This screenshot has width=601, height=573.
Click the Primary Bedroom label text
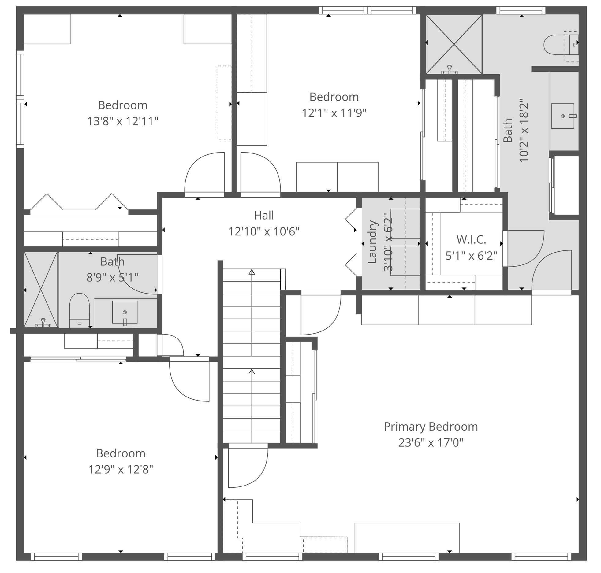(x=431, y=427)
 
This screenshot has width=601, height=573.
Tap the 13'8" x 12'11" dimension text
(x=123, y=121)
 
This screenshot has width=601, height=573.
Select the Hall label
(x=264, y=216)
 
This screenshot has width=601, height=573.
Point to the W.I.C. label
(x=471, y=240)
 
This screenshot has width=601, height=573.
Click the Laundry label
(x=372, y=242)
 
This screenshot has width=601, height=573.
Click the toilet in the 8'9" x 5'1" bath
(x=79, y=309)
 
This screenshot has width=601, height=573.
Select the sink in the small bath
(x=125, y=312)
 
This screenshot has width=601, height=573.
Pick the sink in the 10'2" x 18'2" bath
(x=562, y=116)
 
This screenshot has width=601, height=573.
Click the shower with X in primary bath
(x=454, y=45)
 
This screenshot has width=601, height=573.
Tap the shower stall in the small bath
(x=41, y=289)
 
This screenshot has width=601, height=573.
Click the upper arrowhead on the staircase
(x=252, y=272)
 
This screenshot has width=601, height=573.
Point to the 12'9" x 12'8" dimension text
(x=121, y=469)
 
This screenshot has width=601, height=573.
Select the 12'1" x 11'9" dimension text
(x=334, y=113)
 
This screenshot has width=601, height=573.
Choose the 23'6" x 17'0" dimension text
(x=431, y=442)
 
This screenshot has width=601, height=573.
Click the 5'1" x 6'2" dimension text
(x=471, y=256)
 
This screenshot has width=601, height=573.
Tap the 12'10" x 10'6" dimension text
(x=264, y=232)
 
